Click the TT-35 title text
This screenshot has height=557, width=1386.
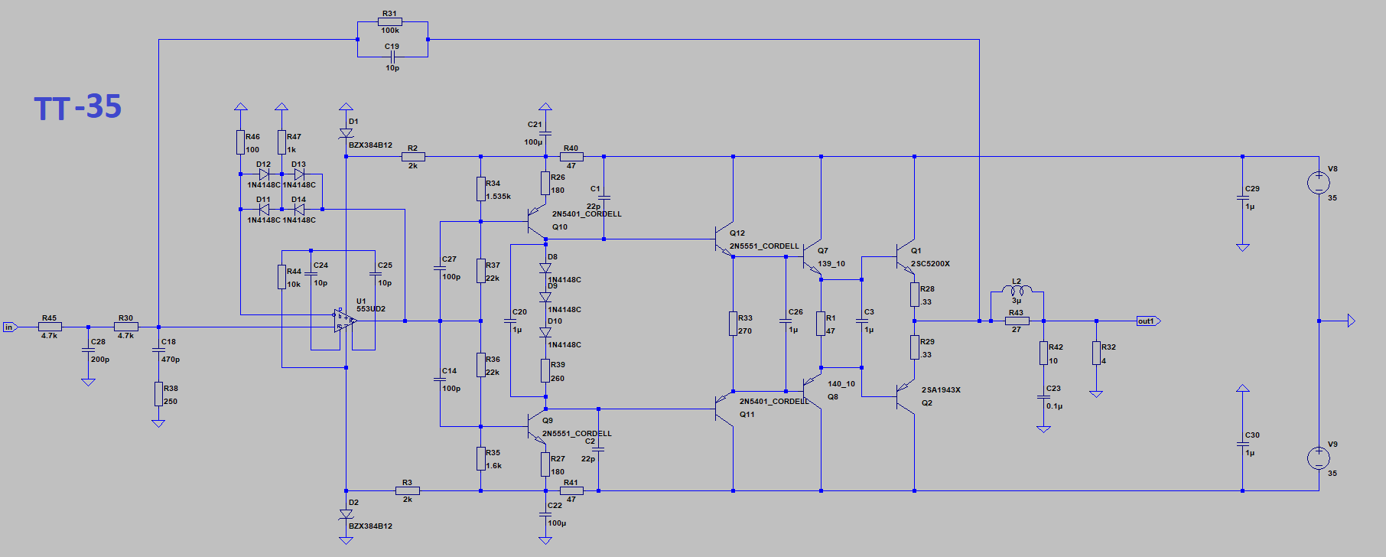click(77, 107)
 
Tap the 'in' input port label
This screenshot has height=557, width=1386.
click(9, 327)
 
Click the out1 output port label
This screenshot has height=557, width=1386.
click(1147, 321)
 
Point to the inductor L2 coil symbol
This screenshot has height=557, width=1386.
click(1017, 290)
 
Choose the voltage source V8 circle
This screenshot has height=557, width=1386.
click(1319, 183)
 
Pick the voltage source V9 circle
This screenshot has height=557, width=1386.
click(1319, 458)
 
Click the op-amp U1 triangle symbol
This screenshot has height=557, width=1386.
click(345, 321)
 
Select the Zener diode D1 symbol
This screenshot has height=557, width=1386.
click(346, 133)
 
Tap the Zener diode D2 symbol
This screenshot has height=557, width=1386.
click(346, 514)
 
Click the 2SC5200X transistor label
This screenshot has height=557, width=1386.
click(930, 264)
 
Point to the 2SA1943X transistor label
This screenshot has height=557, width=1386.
click(941, 390)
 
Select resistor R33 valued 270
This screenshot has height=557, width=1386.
click(733, 324)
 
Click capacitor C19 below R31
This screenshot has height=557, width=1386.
click(392, 57)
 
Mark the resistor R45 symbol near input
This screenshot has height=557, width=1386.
click(50, 327)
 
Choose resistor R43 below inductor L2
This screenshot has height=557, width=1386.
click(1017, 321)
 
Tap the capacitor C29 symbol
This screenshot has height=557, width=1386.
click(1243, 197)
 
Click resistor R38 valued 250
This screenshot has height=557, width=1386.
click(158, 394)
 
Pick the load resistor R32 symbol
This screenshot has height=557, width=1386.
click(1096, 353)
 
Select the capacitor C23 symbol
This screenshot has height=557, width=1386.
click(1043, 398)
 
